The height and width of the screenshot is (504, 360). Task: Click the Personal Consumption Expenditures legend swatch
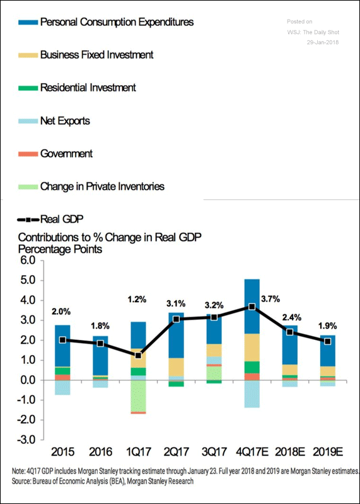click(x=28, y=23)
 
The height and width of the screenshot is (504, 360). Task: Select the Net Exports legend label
click(x=65, y=121)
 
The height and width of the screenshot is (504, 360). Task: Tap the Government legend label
click(x=66, y=154)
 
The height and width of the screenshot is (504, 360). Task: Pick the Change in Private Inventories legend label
click(x=102, y=187)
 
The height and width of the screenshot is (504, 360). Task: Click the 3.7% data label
click(x=270, y=299)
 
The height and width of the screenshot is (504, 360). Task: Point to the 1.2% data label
click(x=137, y=300)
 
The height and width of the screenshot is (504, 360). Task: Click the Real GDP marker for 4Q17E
click(x=252, y=307)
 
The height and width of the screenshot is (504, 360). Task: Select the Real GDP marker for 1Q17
click(x=138, y=356)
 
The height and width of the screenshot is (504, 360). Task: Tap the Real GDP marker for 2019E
click(x=328, y=341)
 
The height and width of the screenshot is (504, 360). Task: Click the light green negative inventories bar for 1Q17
click(x=138, y=396)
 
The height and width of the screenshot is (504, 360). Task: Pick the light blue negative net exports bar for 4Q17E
click(x=252, y=394)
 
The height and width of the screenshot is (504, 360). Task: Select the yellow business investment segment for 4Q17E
click(x=252, y=348)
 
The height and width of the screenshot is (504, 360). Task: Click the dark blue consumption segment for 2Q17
click(x=176, y=335)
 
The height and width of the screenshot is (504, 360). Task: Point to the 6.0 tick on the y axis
click(x=28, y=261)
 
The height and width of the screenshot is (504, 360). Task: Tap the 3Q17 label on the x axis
click(x=214, y=452)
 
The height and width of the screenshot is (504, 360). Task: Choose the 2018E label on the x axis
click(x=290, y=452)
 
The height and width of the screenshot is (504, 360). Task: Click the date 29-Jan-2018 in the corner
click(x=322, y=42)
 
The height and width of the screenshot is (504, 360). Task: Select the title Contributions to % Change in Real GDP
click(x=110, y=237)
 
